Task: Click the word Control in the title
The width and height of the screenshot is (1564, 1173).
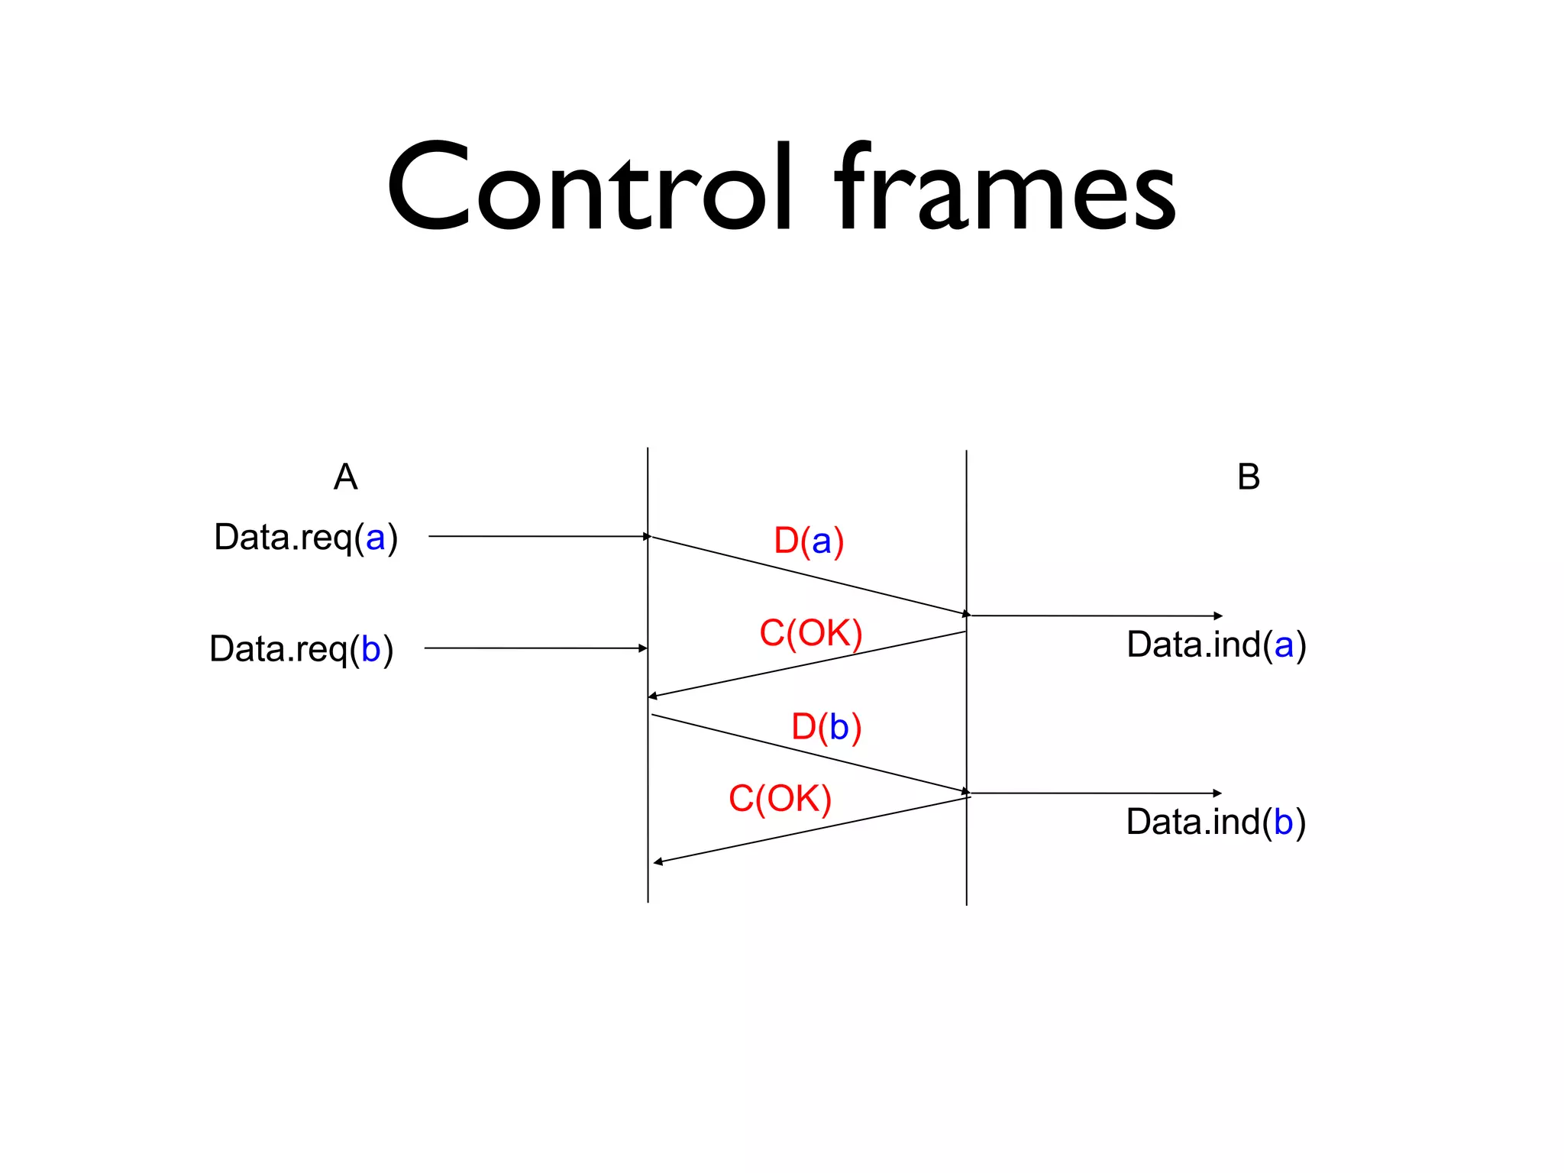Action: [x=588, y=187]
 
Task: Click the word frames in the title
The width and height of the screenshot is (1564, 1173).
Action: [x=1005, y=187]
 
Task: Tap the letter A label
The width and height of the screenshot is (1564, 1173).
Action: [x=345, y=477]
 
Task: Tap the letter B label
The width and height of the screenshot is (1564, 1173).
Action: [x=1248, y=477]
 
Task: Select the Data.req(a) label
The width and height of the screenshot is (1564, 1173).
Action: [x=305, y=538]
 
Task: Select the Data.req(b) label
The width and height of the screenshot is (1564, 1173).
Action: [x=302, y=649]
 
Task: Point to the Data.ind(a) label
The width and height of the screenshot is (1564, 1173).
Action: [x=1216, y=645]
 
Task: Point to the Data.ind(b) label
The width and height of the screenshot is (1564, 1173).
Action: [x=1216, y=822]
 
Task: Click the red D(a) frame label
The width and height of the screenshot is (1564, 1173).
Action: [x=809, y=541]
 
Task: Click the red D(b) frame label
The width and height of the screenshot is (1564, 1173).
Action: [x=826, y=726]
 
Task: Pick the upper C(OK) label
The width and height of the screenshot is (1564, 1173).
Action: [x=810, y=633]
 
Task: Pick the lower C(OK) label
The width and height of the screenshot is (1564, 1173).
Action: [x=780, y=799]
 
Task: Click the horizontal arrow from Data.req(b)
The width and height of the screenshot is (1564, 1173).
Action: [x=535, y=648]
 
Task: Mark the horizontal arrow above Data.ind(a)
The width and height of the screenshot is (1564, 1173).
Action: [x=1096, y=616]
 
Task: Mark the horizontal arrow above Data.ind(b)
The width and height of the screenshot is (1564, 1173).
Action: [x=1096, y=793]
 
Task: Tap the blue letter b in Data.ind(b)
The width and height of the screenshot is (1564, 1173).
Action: [x=1283, y=822]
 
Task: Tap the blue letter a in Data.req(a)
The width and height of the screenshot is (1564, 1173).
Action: [x=375, y=538]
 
